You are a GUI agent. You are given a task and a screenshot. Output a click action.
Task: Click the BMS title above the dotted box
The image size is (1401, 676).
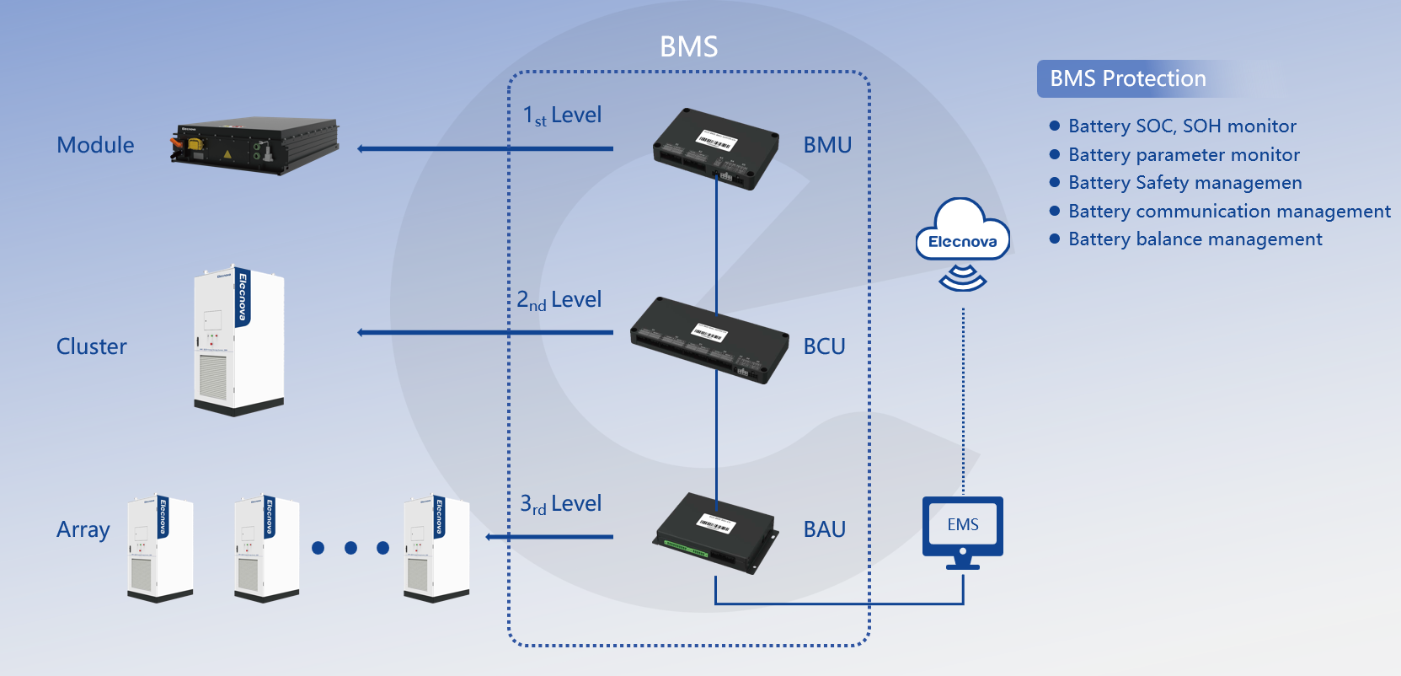[688, 46]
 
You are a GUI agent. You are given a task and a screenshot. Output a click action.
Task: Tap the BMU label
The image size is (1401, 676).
[827, 145]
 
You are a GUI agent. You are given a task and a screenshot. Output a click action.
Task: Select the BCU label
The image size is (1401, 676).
[824, 346]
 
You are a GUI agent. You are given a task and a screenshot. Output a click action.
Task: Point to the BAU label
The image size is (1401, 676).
[824, 529]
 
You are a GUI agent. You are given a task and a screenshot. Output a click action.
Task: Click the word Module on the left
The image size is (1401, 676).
[95, 145]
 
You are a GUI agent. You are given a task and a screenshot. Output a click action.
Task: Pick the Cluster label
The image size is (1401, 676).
[91, 346]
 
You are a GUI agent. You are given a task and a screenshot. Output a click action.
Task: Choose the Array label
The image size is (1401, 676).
[83, 530]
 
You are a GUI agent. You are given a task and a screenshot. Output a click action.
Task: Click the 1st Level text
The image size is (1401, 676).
[562, 115]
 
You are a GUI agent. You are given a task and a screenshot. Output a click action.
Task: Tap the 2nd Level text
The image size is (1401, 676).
[559, 300]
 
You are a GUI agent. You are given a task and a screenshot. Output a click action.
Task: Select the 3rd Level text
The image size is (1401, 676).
[560, 504]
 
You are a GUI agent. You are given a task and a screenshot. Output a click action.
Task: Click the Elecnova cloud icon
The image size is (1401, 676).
[962, 231]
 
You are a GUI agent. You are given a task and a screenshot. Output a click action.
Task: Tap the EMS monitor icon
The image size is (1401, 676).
[963, 531]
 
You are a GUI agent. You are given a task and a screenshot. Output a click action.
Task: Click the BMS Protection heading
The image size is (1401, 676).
[1127, 78]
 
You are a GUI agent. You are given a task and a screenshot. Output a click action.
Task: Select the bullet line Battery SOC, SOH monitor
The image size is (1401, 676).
[1181, 126]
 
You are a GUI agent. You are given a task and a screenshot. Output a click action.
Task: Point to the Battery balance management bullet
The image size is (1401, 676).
[1195, 239]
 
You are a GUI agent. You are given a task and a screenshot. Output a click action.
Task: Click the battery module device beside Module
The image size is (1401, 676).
[254, 145]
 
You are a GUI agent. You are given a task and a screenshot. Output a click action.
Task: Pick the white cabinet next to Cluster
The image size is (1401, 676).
[238, 341]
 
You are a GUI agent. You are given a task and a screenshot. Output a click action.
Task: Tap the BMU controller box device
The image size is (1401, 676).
[715, 148]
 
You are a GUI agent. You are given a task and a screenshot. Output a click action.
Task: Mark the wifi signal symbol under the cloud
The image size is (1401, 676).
[962, 278]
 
